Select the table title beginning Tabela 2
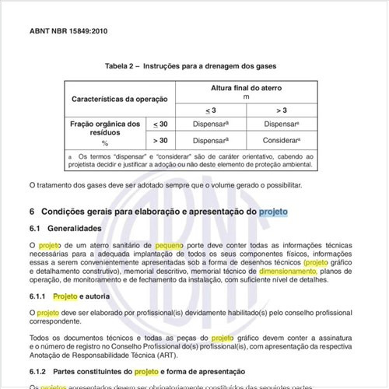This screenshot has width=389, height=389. pyautogui.click(x=194, y=67)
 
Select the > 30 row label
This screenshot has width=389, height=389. pyautogui.click(x=161, y=141)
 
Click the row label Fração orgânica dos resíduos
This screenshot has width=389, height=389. pyautogui.click(x=104, y=128)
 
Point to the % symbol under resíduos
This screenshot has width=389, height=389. pyautogui.click(x=104, y=145)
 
